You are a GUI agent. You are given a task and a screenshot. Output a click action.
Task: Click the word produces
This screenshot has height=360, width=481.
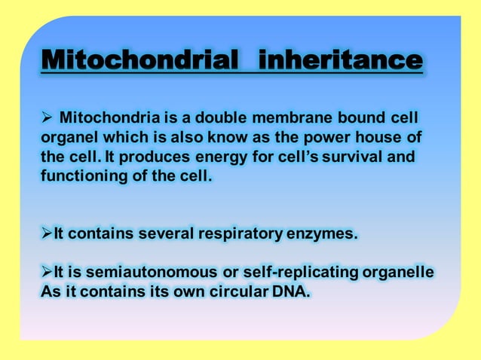pos(167,158)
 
